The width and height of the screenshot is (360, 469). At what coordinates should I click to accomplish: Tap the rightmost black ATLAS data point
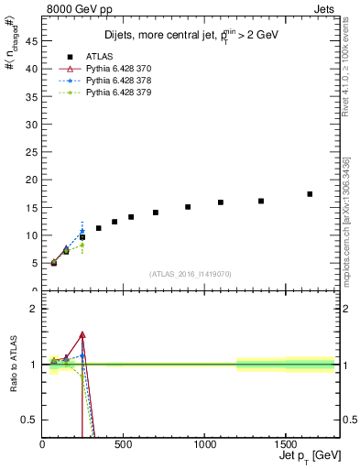click(310, 194)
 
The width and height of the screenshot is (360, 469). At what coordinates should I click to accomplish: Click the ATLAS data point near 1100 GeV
click(221, 202)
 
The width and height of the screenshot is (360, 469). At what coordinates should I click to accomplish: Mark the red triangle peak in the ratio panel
click(82, 335)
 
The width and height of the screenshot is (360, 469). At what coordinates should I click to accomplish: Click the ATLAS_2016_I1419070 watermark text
click(190, 274)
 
